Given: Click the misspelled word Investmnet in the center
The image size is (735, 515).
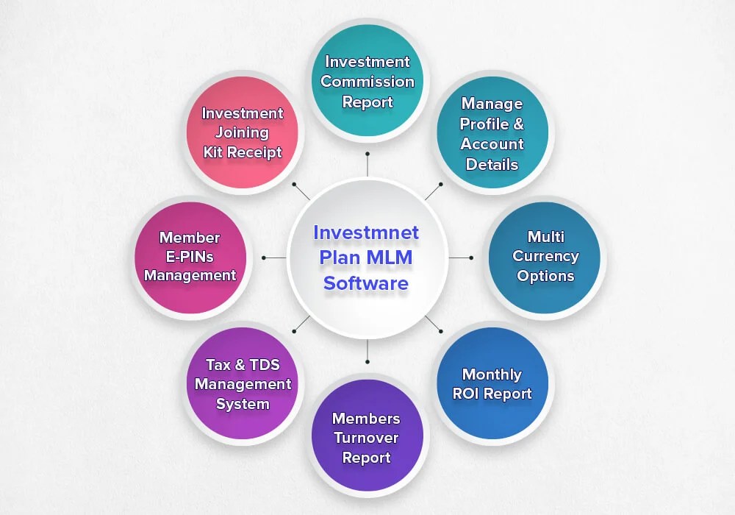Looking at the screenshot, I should (x=365, y=232).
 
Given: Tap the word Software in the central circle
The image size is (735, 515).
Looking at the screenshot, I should (x=365, y=283).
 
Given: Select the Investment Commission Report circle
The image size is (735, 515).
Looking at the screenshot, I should (x=367, y=81).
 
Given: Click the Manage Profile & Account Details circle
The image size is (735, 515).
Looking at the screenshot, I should (x=492, y=134).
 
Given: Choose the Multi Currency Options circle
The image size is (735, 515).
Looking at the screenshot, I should (x=545, y=257).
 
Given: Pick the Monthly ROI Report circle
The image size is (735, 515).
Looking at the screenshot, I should (x=492, y=383).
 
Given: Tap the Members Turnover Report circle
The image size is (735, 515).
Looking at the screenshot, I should (x=367, y=437).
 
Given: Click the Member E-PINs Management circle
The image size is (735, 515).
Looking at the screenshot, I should (x=190, y=257).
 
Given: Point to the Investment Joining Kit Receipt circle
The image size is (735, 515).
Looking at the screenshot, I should (x=243, y=132).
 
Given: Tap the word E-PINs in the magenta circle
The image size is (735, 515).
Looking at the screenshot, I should (x=190, y=257).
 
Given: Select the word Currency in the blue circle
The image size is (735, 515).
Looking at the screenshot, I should (x=545, y=257).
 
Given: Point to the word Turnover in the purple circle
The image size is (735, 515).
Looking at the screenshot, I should (x=366, y=438).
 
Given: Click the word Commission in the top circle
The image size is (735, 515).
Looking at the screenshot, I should (x=367, y=82).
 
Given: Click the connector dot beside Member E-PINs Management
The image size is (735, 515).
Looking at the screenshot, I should (x=264, y=257).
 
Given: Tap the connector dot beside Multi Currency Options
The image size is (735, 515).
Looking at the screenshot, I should (x=471, y=257).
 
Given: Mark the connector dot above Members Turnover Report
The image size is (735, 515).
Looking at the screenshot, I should (x=367, y=362).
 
